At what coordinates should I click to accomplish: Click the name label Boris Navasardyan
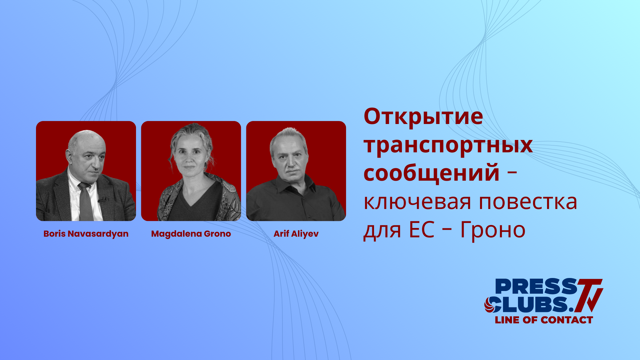tap(86, 234)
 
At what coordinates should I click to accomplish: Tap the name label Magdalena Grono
tap(191, 234)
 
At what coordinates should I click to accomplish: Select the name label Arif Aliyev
tap(296, 234)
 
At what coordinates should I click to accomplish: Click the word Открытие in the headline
tap(423, 117)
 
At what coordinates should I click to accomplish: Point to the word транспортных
tap(448, 145)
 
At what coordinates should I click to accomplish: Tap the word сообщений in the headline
tap(432, 173)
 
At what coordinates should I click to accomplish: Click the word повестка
tap(528, 202)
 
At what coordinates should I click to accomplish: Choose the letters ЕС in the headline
tap(422, 230)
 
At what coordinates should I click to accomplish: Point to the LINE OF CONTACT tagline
tap(544, 320)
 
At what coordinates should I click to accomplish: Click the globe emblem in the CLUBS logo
tap(491, 305)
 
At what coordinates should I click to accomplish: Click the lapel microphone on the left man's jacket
tap(102, 200)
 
